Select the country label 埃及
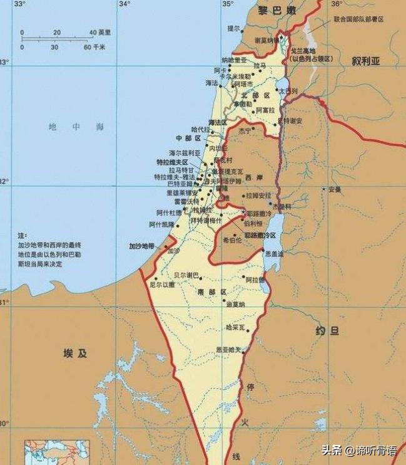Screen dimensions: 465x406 click(75, 353)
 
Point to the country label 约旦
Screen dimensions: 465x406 click(327, 330)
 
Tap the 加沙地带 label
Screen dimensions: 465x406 click(141, 246)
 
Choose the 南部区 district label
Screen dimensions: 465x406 click(211, 293)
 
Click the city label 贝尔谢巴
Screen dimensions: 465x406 click(186, 275)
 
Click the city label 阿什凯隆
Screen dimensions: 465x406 click(162, 224)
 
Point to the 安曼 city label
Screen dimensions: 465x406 click(335, 189)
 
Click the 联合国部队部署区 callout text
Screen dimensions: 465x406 click(358, 20)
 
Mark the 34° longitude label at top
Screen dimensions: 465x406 click(124, 4)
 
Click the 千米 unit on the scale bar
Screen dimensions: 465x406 click(99, 47)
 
